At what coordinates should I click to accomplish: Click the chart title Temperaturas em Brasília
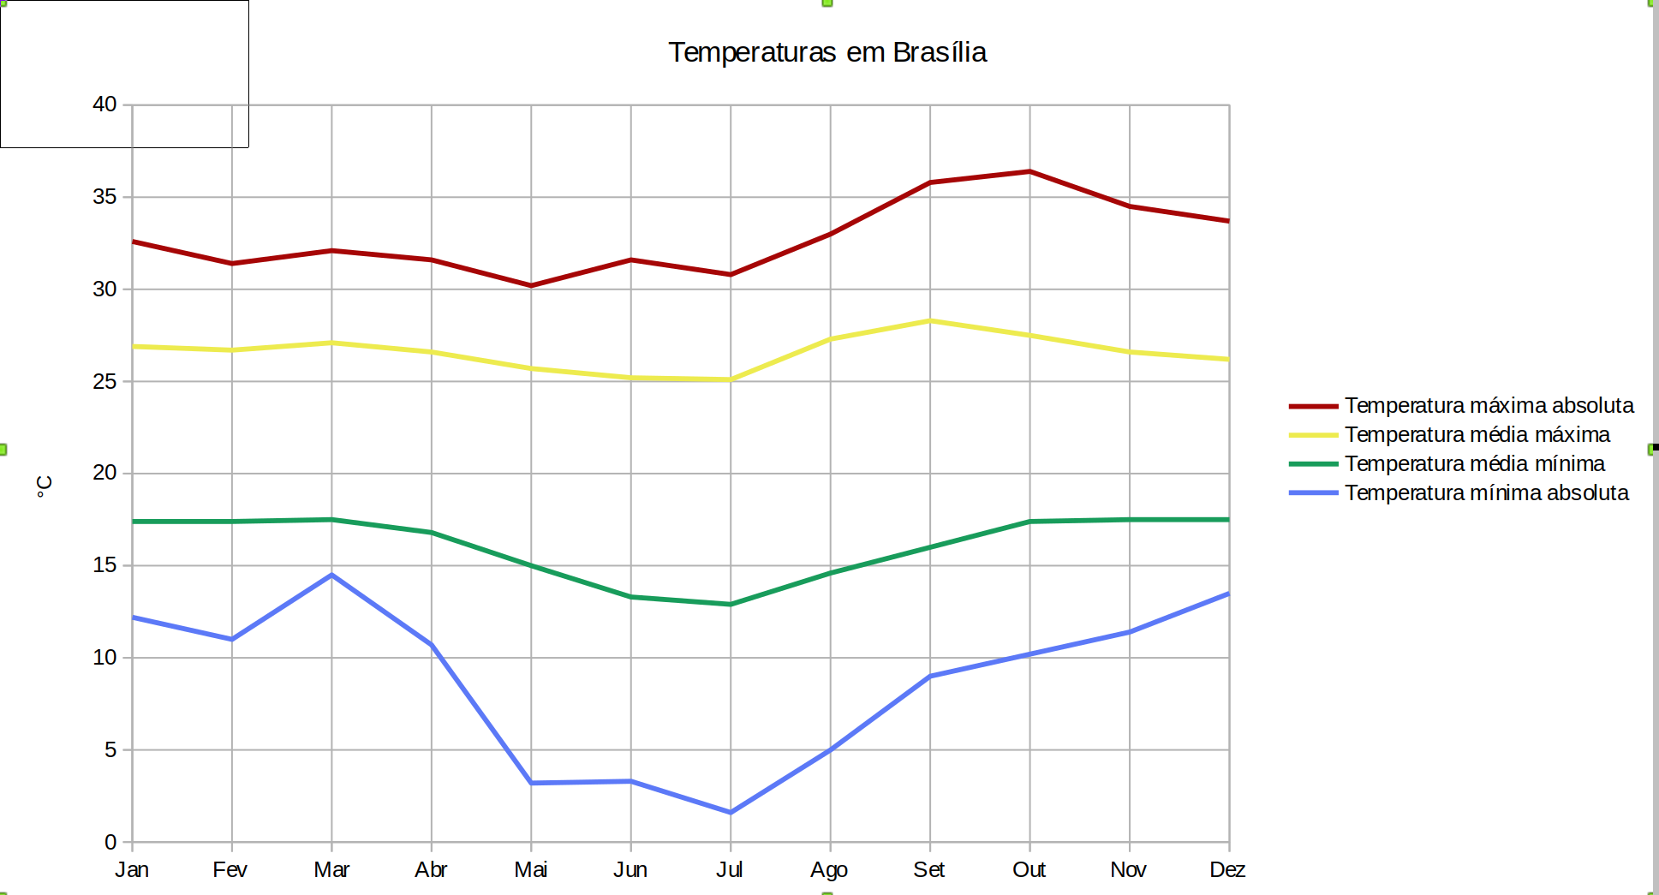pos(827,52)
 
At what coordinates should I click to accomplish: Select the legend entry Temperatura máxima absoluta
pos(1489,405)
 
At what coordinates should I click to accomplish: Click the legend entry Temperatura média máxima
pos(1477,434)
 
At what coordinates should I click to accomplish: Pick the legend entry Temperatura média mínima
pos(1474,463)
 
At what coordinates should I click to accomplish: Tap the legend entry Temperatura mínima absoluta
pos(1486,492)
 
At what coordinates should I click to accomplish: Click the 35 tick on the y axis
pos(104,197)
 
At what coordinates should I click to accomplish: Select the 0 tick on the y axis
pos(110,842)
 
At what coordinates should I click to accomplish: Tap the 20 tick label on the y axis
pos(104,473)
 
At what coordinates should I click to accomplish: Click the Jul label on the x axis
pos(730,870)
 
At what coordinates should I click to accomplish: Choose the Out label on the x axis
pos(1029,870)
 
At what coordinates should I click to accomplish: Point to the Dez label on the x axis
pos(1227,870)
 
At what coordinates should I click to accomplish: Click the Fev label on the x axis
pos(230,870)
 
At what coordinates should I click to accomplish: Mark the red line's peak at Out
pos(1029,171)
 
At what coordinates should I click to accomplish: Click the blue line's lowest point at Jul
pos(731,812)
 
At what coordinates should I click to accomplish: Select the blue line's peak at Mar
pos(331,575)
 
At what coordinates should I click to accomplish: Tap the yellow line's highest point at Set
pos(930,321)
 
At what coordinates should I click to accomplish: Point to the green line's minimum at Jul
pos(731,604)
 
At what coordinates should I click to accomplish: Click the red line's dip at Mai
pos(531,285)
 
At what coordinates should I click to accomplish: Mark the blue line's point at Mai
pos(531,783)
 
